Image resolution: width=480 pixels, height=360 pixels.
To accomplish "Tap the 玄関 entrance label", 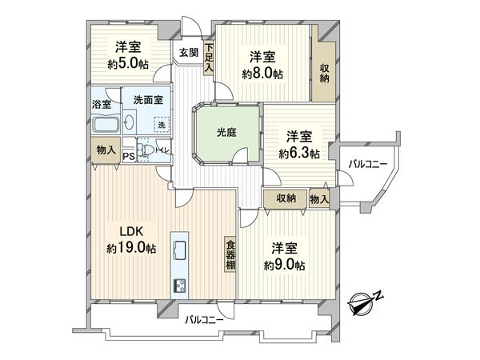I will click(x=188, y=53).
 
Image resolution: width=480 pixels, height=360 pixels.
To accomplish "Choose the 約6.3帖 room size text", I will click(x=300, y=153).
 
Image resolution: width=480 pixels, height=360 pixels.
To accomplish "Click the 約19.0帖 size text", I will click(x=130, y=248).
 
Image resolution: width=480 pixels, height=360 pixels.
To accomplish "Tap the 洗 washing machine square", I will click(x=162, y=125).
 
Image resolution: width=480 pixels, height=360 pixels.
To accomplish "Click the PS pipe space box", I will click(x=129, y=156).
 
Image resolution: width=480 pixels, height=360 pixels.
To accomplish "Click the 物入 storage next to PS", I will click(x=105, y=150).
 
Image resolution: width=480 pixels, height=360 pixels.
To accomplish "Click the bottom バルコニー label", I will click(x=203, y=320).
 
